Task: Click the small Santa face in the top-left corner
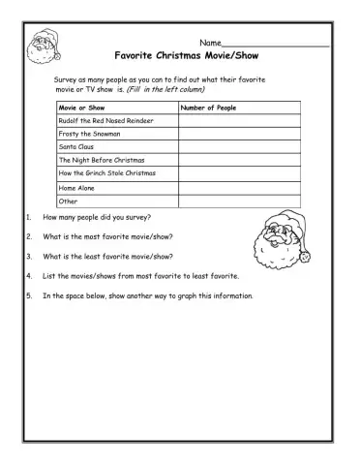[x=43, y=46]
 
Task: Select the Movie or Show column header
[x=80, y=108]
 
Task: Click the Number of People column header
[x=209, y=108]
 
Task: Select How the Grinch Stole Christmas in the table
[x=107, y=172]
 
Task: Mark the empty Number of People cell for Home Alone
[x=239, y=187]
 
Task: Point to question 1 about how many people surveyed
[x=96, y=218]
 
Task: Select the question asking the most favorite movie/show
[x=108, y=236]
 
